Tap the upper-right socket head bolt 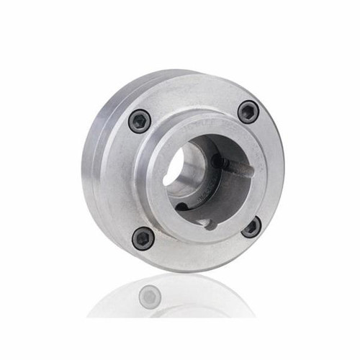[248, 112]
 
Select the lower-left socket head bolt [143, 238]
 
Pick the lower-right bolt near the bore [251, 228]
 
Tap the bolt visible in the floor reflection [150, 295]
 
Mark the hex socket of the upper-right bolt [248, 112]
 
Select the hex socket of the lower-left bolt [143, 238]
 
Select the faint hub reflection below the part [173, 302]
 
